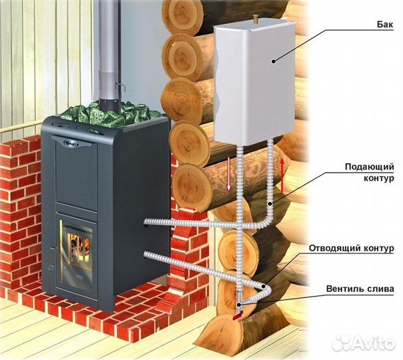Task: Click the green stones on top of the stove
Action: tap(110, 115)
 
